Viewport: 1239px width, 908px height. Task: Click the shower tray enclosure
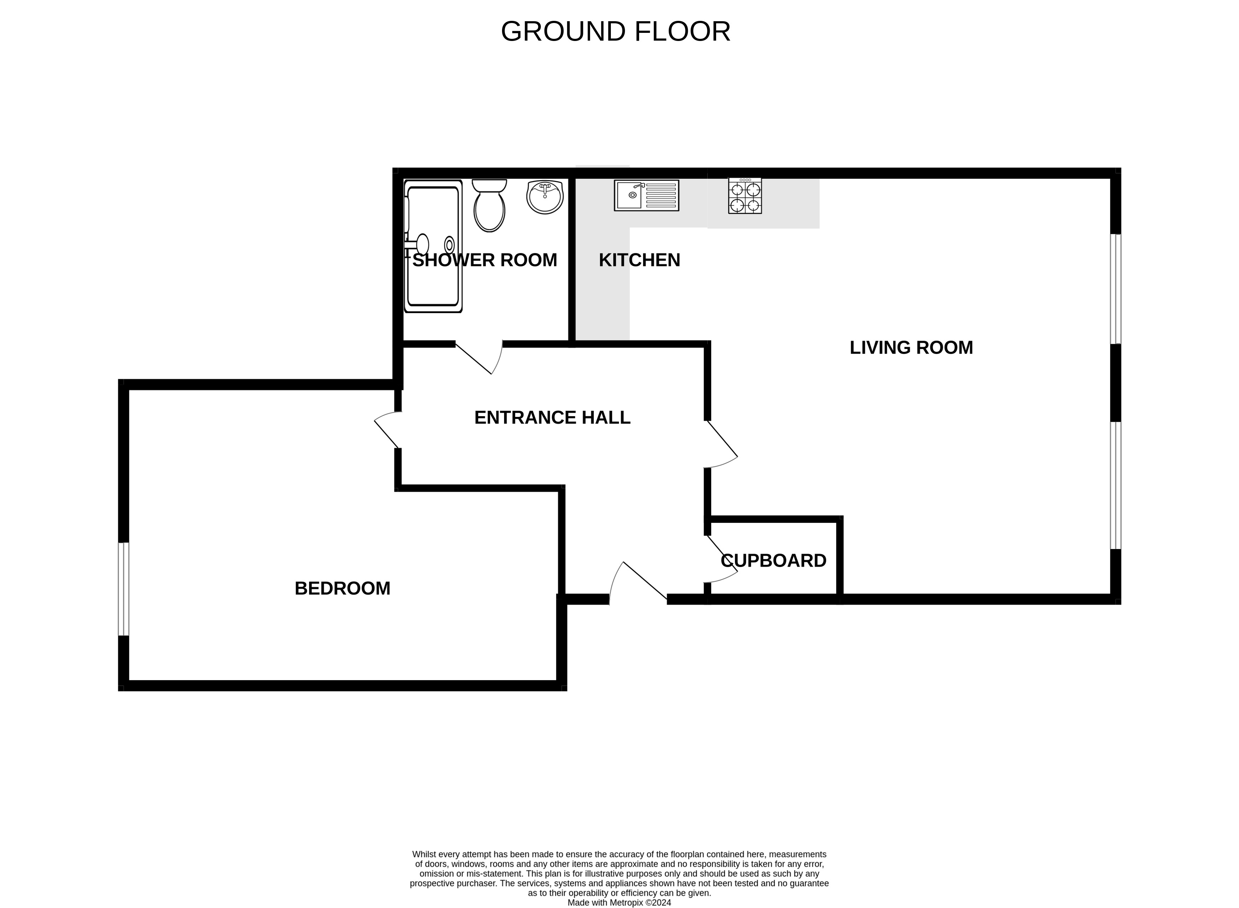click(432, 246)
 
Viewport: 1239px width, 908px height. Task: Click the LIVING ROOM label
click(911, 347)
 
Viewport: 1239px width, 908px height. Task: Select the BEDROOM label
click(342, 588)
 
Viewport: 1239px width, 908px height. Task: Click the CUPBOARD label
click(773, 561)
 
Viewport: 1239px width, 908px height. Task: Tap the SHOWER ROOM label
click(484, 260)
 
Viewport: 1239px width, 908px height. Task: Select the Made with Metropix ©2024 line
click(619, 902)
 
